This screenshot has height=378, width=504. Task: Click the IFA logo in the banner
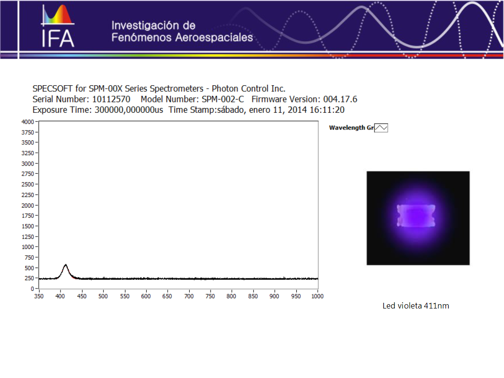[58, 26]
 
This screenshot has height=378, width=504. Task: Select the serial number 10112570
[111, 99]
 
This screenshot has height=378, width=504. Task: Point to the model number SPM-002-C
[223, 99]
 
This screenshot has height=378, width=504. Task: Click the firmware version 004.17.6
[340, 99]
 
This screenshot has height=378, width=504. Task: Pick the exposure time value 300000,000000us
[129, 110]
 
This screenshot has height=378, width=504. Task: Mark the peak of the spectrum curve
[66, 264]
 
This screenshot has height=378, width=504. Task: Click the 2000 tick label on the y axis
[28, 205]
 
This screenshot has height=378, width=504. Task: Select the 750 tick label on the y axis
[29, 258]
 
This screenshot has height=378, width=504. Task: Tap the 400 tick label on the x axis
[60, 296]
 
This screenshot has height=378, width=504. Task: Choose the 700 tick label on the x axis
[189, 296]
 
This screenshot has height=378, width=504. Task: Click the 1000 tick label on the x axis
[317, 296]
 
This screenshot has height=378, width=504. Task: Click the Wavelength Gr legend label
[351, 128]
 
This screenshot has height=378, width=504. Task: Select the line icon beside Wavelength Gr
[381, 128]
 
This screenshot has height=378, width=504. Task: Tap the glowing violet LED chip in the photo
[416, 216]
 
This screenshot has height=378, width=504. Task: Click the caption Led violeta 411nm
[415, 306]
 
